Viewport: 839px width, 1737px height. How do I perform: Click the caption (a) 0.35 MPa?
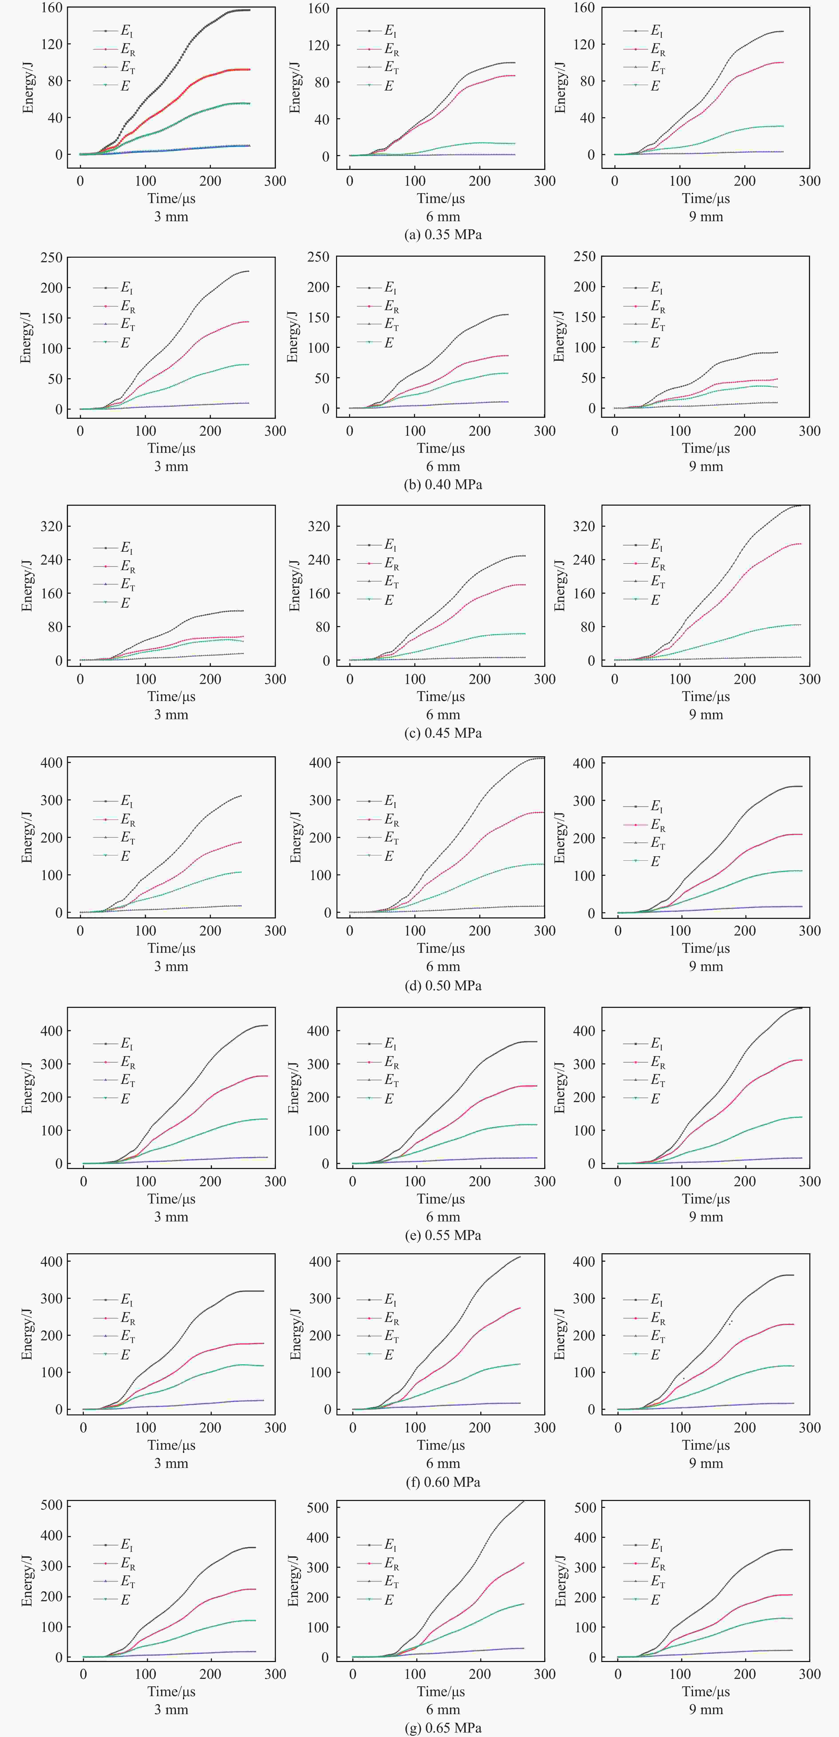point(443,235)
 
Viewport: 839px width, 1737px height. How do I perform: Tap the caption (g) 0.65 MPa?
point(443,1727)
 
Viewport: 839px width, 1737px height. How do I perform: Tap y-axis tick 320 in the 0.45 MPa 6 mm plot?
point(319,526)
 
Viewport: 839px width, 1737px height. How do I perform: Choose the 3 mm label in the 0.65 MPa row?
point(171,1709)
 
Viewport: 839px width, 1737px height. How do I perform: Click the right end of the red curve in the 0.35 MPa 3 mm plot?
point(249,69)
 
